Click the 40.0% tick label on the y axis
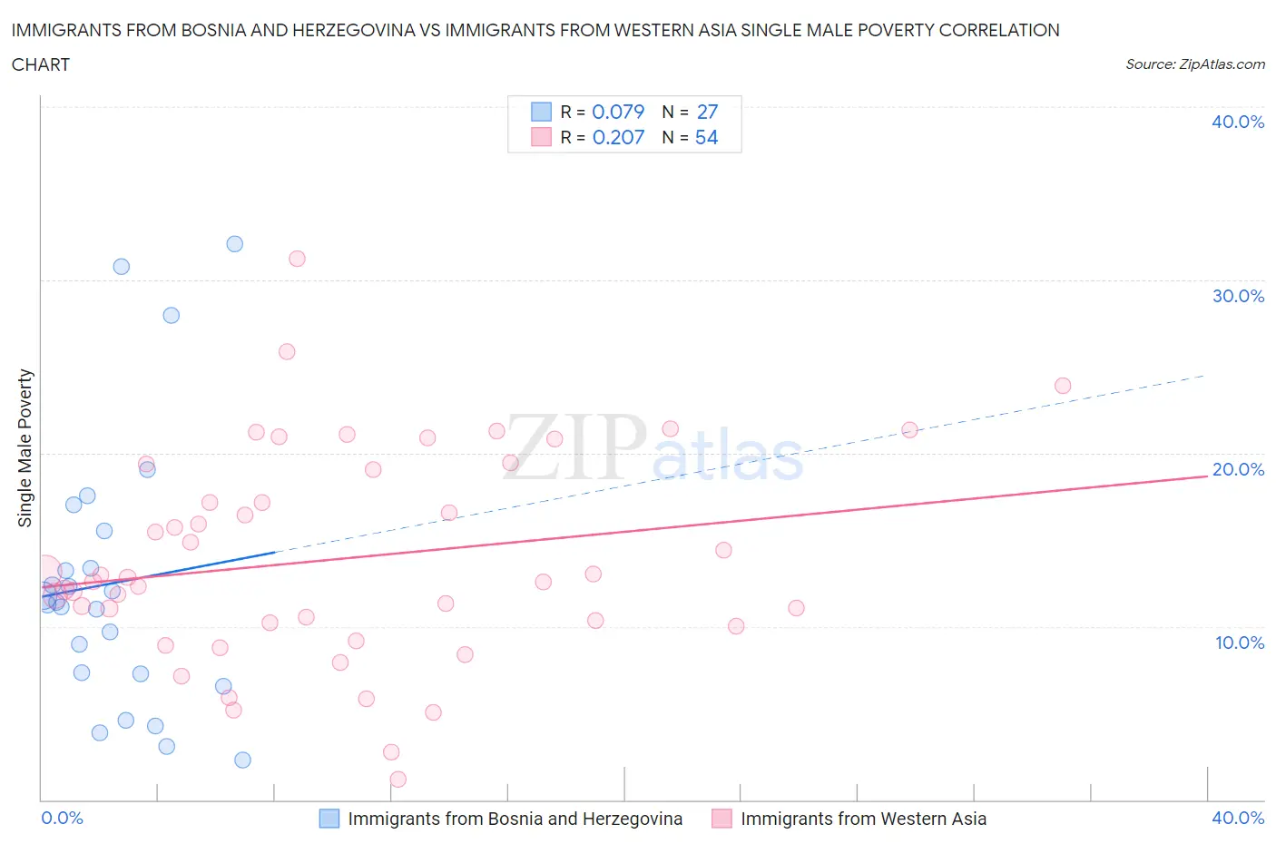point(1237,122)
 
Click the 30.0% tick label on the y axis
point(1237,296)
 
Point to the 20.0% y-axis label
point(1237,469)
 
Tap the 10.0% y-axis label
point(1239,643)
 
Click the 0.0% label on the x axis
point(62,818)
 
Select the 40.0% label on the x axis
point(1238,818)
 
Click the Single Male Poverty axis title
point(25,447)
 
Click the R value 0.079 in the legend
point(618,112)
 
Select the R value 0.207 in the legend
point(618,137)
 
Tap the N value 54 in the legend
point(706,137)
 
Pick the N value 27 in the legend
point(707,112)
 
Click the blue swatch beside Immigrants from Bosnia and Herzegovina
point(329,819)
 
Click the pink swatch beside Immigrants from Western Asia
point(721,819)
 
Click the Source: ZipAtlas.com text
point(1194,64)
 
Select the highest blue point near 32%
point(235,243)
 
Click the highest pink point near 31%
point(297,259)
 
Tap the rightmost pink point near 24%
point(1063,386)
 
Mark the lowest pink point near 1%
point(398,779)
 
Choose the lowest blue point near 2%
point(242,760)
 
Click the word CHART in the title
point(41,64)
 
